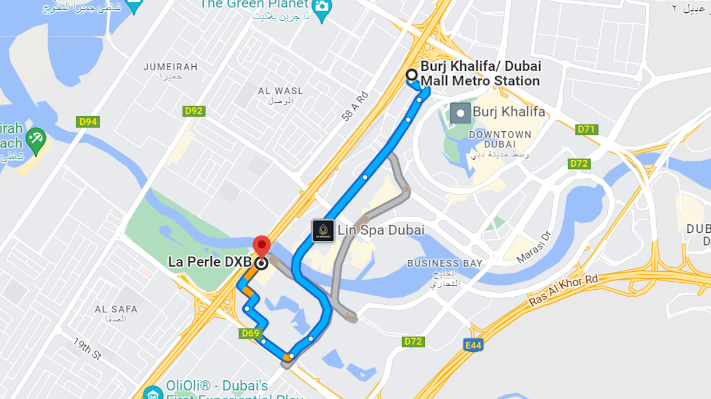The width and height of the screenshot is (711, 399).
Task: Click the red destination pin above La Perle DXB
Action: click(x=261, y=245)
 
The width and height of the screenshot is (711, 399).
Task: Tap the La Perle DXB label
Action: click(x=209, y=262)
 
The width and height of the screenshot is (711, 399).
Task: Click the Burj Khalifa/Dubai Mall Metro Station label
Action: click(x=481, y=74)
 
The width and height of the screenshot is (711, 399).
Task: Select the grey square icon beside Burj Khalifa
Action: click(x=460, y=113)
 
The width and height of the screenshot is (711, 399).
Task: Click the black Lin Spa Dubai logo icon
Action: click(x=323, y=231)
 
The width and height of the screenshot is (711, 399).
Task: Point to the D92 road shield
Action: click(x=194, y=111)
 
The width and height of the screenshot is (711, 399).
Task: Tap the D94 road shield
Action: click(x=88, y=122)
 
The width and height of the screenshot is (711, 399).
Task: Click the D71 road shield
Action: click(x=586, y=130)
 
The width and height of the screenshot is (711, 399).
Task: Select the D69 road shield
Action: click(x=250, y=333)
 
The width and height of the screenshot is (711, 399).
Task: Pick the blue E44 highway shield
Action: click(x=473, y=346)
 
